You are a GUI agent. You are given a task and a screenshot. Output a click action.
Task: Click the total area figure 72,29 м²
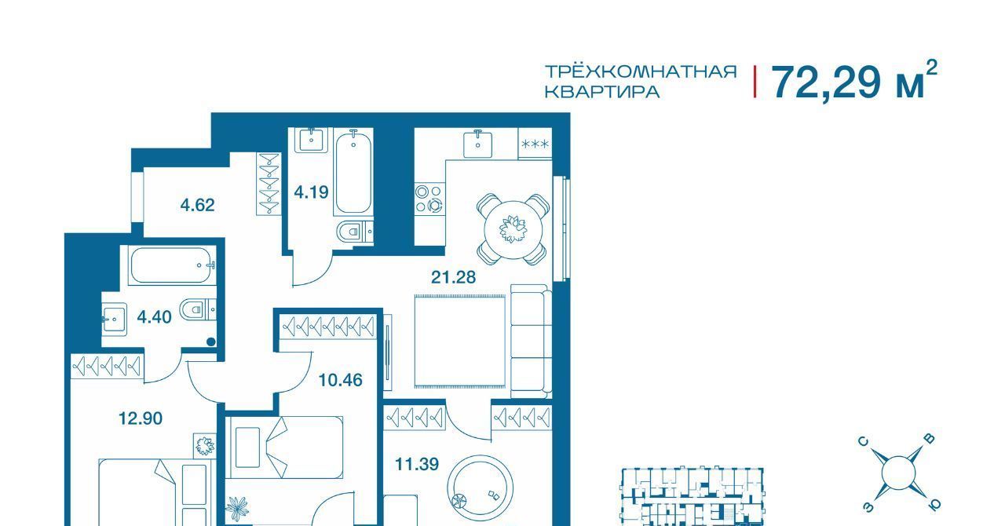click(853, 81)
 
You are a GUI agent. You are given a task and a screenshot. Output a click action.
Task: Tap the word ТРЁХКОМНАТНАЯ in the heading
click(641, 71)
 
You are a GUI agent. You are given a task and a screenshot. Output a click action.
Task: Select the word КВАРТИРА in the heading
click(602, 92)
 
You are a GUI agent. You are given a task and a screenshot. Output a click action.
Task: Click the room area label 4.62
click(197, 205)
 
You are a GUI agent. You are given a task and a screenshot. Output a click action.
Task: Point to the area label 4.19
click(312, 192)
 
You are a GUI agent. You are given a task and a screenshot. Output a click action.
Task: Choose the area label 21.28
click(453, 277)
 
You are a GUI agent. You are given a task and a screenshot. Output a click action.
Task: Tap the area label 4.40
click(155, 317)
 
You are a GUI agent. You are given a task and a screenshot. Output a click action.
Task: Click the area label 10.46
click(340, 380)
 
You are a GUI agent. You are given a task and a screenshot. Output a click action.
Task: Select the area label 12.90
click(140, 418)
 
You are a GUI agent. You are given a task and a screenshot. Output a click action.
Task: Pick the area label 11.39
click(417, 464)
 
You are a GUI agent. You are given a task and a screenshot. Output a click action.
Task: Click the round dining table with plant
click(513, 229)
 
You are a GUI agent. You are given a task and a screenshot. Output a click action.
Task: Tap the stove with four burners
click(429, 199)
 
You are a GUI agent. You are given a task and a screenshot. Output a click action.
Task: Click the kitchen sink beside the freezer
click(477, 144)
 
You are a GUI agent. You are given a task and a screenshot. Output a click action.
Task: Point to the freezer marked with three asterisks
click(535, 144)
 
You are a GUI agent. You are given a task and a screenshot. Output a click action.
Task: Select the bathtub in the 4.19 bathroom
click(353, 171)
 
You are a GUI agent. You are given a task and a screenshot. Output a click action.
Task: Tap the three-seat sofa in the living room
click(532, 341)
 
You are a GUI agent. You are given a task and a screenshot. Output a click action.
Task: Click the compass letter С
click(863, 442)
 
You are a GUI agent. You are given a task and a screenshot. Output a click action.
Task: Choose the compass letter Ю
click(934, 505)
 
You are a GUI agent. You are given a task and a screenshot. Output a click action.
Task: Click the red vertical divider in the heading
click(755, 81)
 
